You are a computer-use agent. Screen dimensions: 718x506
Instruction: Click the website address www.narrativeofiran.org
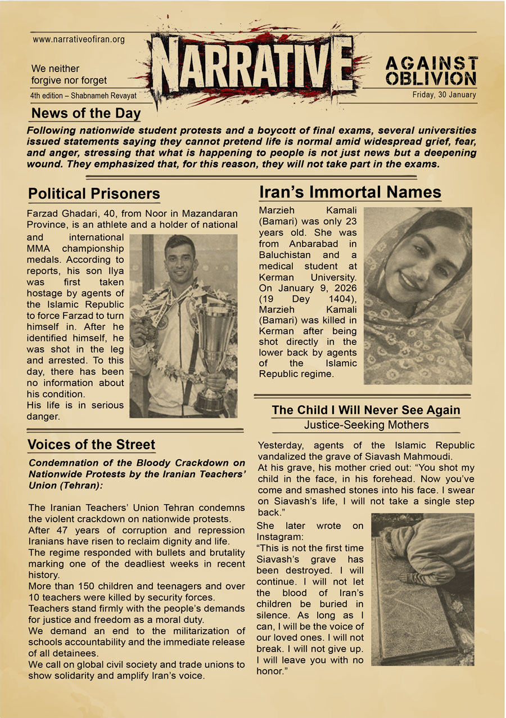pyautogui.click(x=79, y=40)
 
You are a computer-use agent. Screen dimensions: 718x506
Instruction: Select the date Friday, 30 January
pyautogui.click(x=444, y=95)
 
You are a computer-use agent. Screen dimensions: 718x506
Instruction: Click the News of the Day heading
pyautogui.click(x=86, y=114)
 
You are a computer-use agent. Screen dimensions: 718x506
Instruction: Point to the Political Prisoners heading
pyautogui.click(x=94, y=194)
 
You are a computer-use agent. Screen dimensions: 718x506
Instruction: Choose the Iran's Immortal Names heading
pyautogui.click(x=350, y=192)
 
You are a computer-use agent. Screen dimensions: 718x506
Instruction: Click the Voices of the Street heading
pyautogui.click(x=91, y=445)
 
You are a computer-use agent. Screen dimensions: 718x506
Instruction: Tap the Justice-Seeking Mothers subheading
pyautogui.click(x=366, y=425)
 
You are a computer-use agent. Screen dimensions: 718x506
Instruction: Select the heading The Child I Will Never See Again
pyautogui.click(x=366, y=410)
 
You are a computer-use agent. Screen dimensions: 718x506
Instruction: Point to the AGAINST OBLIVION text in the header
pyautogui.click(x=432, y=70)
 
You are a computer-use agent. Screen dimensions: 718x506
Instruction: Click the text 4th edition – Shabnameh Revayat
pyautogui.click(x=83, y=96)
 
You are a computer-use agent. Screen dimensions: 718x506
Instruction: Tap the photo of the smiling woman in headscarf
pyautogui.click(x=418, y=295)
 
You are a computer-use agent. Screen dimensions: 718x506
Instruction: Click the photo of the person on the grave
pyautogui.click(x=422, y=589)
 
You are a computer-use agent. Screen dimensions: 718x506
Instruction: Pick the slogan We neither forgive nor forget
pyautogui.click(x=69, y=74)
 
